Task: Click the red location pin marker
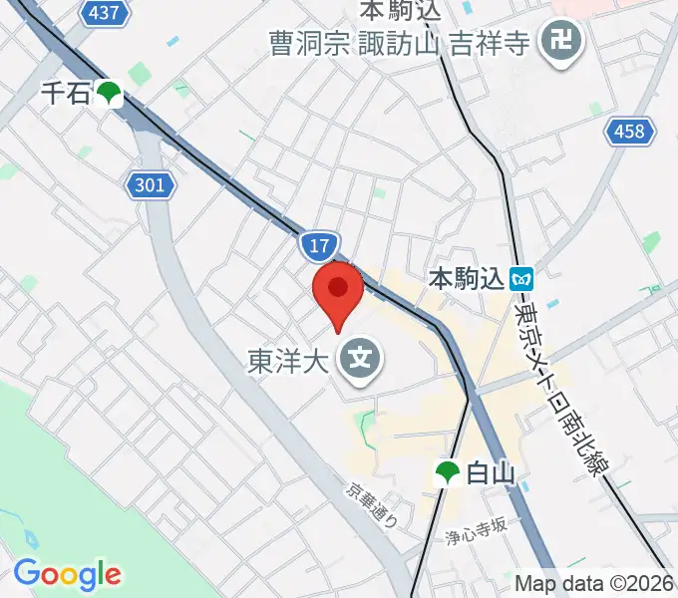point(337,291)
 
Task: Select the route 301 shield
point(152,184)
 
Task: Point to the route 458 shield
point(630,131)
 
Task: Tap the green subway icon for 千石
point(109,95)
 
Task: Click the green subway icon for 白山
point(447,474)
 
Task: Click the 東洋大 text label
point(287,360)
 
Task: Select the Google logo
point(67,574)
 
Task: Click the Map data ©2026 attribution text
point(594,583)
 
